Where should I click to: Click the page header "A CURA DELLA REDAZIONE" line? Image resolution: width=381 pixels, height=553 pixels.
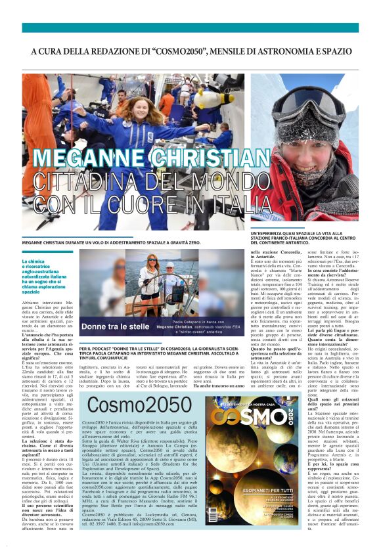190,51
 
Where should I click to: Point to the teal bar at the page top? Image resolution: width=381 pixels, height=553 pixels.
190,28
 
